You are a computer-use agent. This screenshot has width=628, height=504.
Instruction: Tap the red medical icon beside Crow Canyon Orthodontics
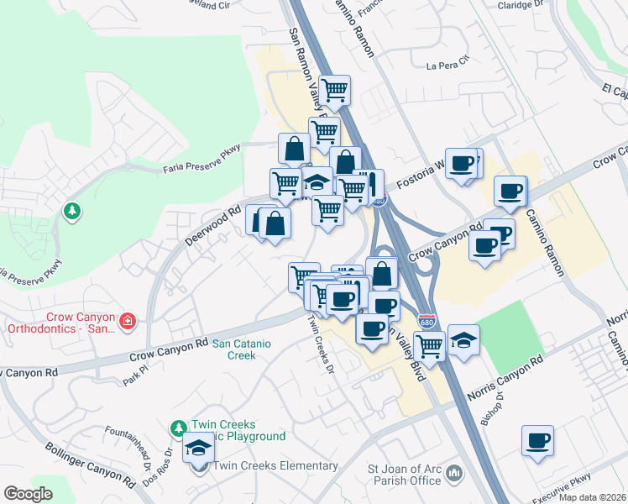pos(127,321)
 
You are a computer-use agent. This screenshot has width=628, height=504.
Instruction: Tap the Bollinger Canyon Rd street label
pos(92,466)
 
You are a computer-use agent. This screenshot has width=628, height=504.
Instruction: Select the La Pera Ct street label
pos(446,66)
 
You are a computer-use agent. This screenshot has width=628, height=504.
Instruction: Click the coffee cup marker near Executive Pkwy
pos(537,440)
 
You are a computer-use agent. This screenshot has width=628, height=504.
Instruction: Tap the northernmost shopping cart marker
pos(335,89)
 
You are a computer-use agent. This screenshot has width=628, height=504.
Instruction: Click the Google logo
pos(29,494)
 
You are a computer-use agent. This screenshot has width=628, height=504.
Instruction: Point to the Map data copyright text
pos(591,497)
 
